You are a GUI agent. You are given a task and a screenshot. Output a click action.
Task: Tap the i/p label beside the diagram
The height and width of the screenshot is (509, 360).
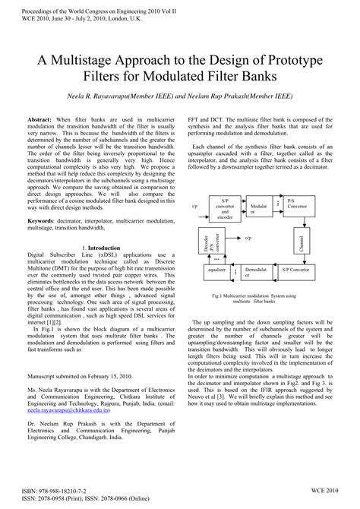coord(194,205)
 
